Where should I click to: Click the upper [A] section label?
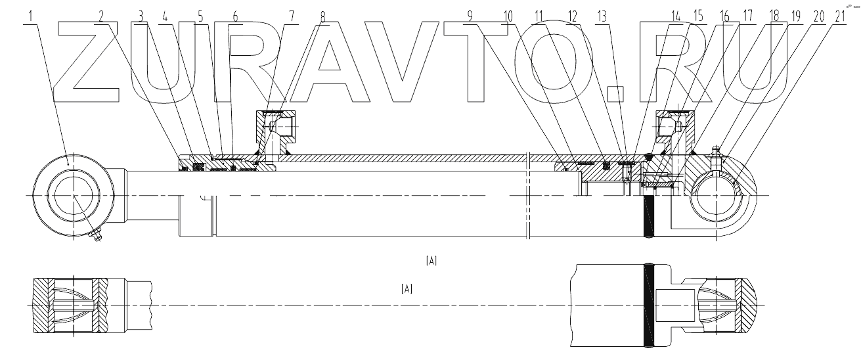point(431,261)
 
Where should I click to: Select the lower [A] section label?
point(407,288)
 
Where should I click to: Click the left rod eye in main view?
point(74,196)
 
